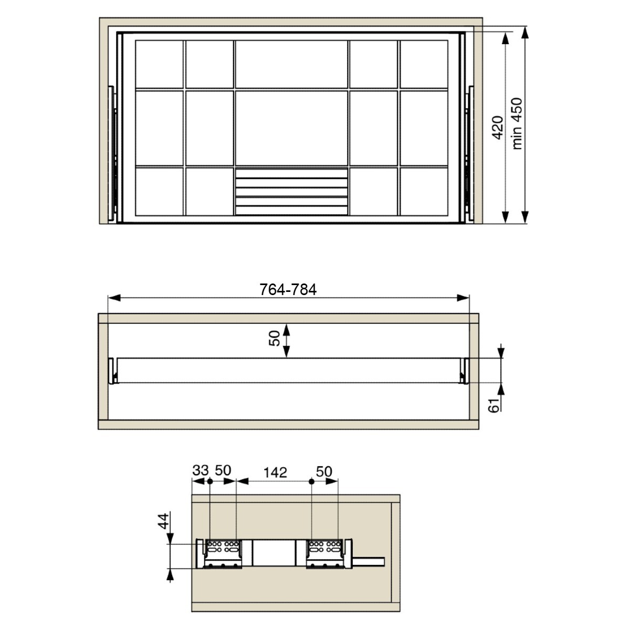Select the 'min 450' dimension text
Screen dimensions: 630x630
pos(517,123)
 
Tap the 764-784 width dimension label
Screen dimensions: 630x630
pos(288,290)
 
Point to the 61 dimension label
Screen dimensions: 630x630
pos(495,405)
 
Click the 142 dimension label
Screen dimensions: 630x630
pos(275,472)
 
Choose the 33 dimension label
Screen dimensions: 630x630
pos(201,470)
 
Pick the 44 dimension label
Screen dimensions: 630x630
pos(163,521)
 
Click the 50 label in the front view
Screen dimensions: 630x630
pos(275,339)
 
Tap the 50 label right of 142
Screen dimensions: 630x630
pos(324,471)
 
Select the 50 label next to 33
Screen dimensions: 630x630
pos(223,470)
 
